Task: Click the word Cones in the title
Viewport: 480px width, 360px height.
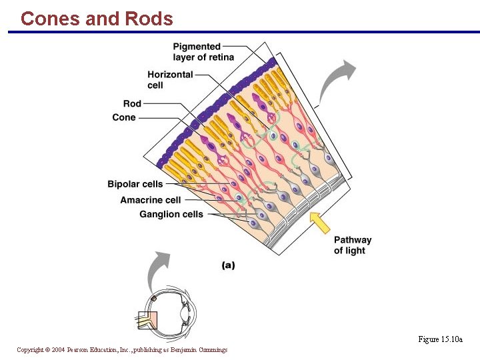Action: pyautogui.click(x=51, y=19)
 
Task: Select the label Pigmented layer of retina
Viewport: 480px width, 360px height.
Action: pyautogui.click(x=203, y=52)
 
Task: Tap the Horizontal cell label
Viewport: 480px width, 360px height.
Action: pyautogui.click(x=170, y=80)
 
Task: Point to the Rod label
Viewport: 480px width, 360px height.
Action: pyautogui.click(x=132, y=104)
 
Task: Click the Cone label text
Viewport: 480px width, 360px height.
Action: pyautogui.click(x=124, y=117)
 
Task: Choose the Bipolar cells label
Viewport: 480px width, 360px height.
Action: pyautogui.click(x=135, y=184)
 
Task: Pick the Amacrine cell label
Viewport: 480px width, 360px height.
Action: pyautogui.click(x=150, y=200)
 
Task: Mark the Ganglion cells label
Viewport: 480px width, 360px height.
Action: pyautogui.click(x=171, y=214)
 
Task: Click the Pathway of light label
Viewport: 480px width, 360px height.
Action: pyautogui.click(x=352, y=245)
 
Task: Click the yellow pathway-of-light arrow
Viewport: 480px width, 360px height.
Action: pyautogui.click(x=321, y=223)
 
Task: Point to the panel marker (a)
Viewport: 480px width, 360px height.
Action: pyautogui.click(x=228, y=265)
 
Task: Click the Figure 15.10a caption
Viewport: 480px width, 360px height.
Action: pyautogui.click(x=440, y=339)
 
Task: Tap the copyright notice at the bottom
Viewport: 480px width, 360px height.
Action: pyautogui.click(x=122, y=350)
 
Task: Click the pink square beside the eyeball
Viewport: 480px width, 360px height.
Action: pyautogui.click(x=147, y=321)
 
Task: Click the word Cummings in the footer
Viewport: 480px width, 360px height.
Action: pyautogui.click(x=213, y=350)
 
